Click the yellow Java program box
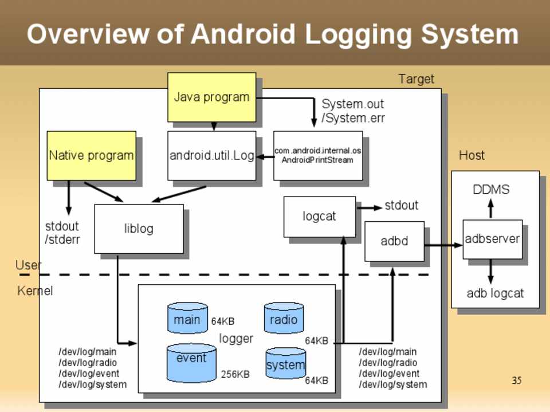[x=211, y=97]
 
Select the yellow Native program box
[x=91, y=155]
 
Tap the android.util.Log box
[x=211, y=155]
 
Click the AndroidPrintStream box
[x=317, y=155]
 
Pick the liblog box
[x=139, y=229]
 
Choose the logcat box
[x=319, y=217]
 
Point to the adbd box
[x=394, y=241]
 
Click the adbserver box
[x=492, y=239]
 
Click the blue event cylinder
[x=191, y=363]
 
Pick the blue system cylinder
[x=285, y=364]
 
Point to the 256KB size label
[x=235, y=374]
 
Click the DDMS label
[x=491, y=190]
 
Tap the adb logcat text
[x=495, y=293]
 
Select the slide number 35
[x=516, y=380]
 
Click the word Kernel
[x=35, y=291]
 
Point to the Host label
[x=472, y=155]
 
